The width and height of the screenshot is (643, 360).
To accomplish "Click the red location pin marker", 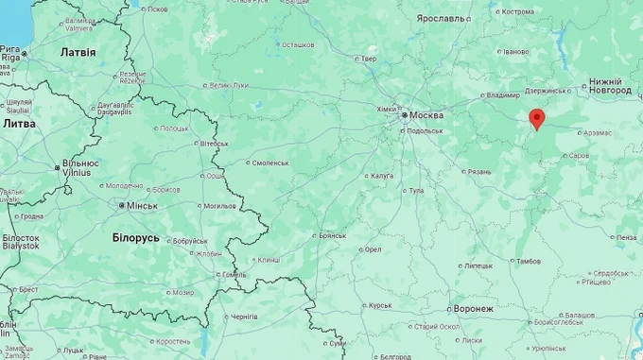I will tap(537, 119).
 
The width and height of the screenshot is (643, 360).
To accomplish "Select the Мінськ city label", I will tap(143, 205).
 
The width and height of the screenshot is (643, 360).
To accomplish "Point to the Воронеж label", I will tap(472, 309).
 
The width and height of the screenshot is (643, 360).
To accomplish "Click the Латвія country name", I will tap(78, 52).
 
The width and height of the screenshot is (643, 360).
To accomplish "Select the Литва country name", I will tap(20, 124).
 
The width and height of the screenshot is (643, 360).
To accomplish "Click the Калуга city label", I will tap(382, 176).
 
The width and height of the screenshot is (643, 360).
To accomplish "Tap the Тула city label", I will tap(415, 191).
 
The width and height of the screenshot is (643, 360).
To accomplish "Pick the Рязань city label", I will tap(478, 172).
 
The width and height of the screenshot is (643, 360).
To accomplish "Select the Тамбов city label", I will tap(530, 260).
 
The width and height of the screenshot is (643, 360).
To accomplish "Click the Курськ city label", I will tap(379, 305).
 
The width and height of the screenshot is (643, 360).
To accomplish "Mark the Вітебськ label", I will tap(214, 143).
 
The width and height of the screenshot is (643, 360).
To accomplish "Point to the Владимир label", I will tap(504, 95).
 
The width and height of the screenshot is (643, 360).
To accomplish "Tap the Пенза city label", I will tap(626, 238).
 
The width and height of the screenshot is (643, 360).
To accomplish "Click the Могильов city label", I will tap(219, 205).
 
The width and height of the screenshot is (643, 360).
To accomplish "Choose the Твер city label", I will tap(369, 60).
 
